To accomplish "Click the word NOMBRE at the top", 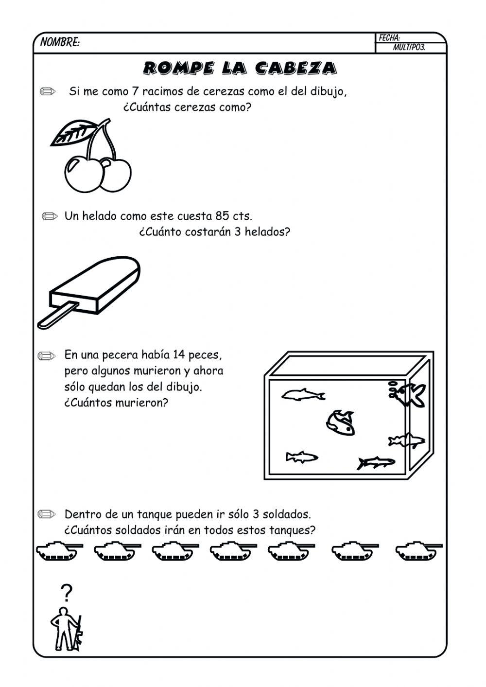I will [59, 43].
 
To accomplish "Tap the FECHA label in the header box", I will [389, 38].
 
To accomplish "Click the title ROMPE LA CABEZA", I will [240, 68].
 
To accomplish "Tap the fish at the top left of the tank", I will [303, 395].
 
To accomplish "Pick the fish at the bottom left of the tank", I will [301, 457].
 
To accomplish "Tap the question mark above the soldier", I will [66, 593].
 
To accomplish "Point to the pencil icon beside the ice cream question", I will [49, 216].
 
